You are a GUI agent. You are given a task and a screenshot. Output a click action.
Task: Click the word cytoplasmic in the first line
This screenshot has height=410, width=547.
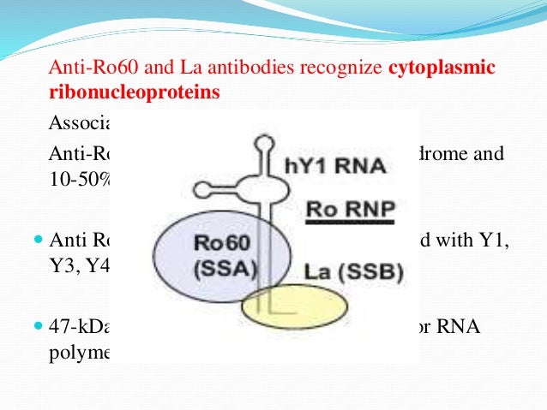coord(442,68)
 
